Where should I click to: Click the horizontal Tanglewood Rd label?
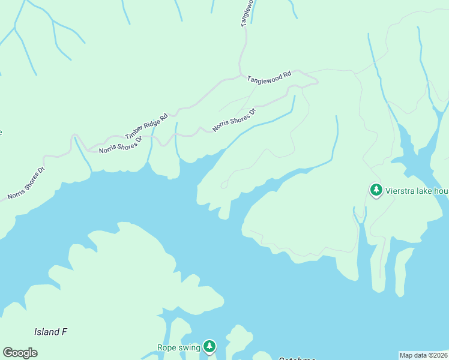[x=269, y=76]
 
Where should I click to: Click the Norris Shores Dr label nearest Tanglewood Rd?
[x=234, y=120]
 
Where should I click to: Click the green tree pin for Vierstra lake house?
[x=376, y=190]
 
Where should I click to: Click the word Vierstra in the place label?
[x=400, y=191]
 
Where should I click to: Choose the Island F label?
[x=50, y=332]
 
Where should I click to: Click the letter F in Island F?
[x=64, y=332]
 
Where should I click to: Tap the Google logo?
[x=20, y=353]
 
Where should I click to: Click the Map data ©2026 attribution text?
[x=423, y=355]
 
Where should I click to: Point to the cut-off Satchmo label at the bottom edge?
[x=297, y=358]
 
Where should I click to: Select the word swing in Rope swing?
[x=190, y=348]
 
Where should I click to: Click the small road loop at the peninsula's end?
[x=224, y=185]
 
